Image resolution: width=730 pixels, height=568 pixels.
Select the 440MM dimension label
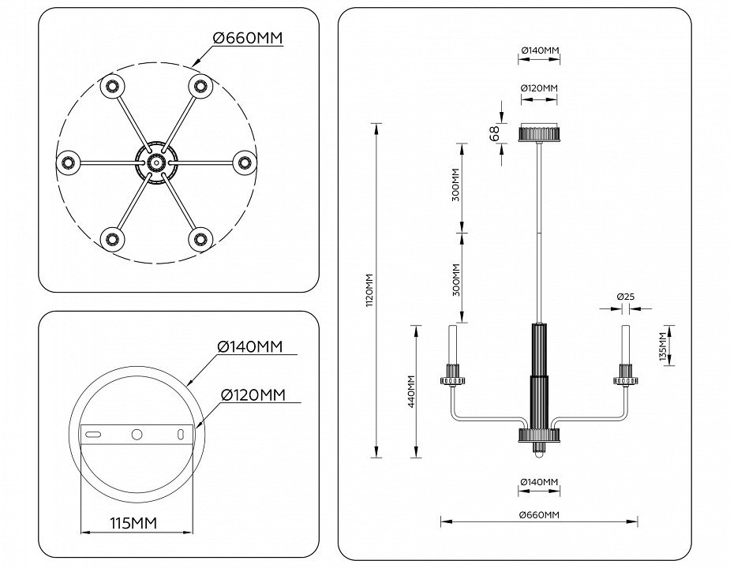pyautogui.click(x=411, y=391)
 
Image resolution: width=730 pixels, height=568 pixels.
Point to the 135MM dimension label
pyautogui.click(x=663, y=346)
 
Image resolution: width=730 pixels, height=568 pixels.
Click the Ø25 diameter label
pyautogui.click(x=626, y=297)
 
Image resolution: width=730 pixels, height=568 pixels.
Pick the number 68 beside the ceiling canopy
pyautogui.click(x=495, y=134)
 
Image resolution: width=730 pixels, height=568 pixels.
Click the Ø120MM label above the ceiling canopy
pyautogui.click(x=539, y=88)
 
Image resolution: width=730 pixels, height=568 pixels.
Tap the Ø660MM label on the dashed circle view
pyautogui.click(x=247, y=38)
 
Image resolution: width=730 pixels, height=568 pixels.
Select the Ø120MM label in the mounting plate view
pyautogui.click(x=253, y=394)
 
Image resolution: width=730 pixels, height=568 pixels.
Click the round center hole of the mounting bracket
pyautogui.click(x=137, y=435)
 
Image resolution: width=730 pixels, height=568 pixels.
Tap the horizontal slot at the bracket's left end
pyautogui.click(x=93, y=435)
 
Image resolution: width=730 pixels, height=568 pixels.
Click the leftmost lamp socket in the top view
pyautogui.click(x=68, y=163)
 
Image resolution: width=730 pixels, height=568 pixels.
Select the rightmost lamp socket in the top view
pyautogui.click(x=244, y=163)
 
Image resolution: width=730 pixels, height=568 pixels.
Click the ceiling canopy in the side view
pyautogui.click(x=539, y=133)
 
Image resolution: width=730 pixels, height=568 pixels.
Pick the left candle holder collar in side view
pyautogui.click(x=454, y=376)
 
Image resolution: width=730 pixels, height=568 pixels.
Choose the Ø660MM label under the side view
pyautogui.click(x=539, y=514)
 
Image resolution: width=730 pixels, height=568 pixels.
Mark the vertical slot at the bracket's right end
pyautogui.click(x=181, y=435)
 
